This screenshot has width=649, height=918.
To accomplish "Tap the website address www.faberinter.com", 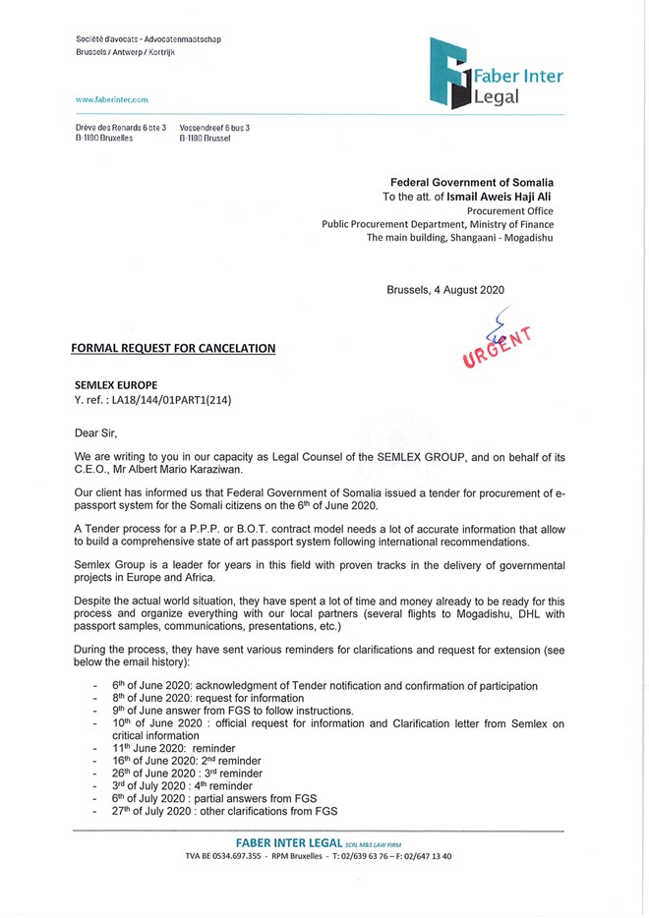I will tap(111, 100).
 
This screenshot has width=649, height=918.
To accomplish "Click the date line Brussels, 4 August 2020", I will tap(445, 290).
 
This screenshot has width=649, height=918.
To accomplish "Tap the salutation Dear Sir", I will tap(95, 431).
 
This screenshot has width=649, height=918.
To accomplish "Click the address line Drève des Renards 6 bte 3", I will tap(120, 129).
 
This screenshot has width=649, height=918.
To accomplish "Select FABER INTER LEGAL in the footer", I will tap(290, 842).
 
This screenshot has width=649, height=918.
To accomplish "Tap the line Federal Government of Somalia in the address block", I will tap(472, 183).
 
